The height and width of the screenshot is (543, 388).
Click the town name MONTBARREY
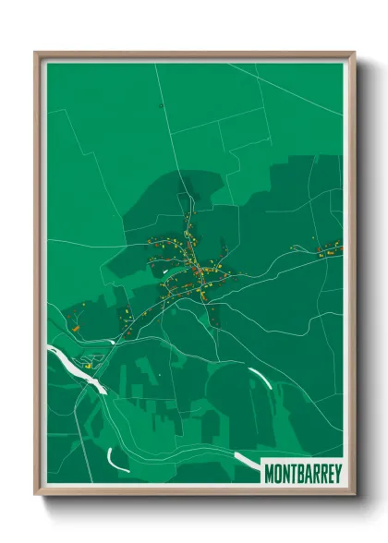pos(302,473)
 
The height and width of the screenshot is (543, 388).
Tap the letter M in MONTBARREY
pos(270,473)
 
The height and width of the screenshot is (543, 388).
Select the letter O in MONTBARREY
pos(278,473)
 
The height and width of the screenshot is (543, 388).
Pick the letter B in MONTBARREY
pos(299,473)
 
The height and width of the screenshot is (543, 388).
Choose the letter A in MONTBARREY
pos(307,473)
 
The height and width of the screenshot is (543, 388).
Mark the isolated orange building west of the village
pos(75,325)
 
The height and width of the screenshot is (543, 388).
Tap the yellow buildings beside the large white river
pos(89,366)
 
